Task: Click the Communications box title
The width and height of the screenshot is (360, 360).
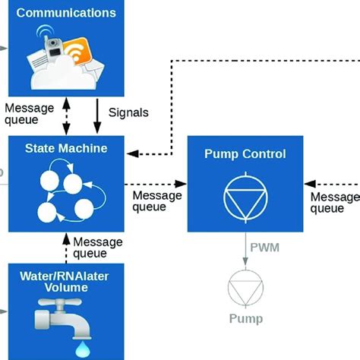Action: tap(66, 13)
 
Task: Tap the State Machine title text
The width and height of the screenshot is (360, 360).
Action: tap(66, 148)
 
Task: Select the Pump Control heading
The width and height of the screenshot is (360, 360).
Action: tap(245, 154)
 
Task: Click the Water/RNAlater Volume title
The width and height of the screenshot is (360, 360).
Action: tap(65, 282)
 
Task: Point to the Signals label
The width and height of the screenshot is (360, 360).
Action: tap(128, 112)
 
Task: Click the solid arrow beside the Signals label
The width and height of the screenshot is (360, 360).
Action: tap(97, 116)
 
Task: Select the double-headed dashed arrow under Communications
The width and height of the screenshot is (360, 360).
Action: tap(66, 116)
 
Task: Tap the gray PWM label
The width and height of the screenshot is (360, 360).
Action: tap(265, 248)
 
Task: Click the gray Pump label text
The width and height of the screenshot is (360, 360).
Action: tap(246, 319)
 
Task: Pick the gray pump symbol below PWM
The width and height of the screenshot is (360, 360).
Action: tap(245, 289)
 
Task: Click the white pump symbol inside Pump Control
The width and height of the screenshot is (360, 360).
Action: tap(245, 197)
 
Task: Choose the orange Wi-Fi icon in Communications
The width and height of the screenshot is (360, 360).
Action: tap(77, 51)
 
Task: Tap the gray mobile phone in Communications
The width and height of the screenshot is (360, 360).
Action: tap(53, 48)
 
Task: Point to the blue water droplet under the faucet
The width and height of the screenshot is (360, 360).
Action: tap(83, 349)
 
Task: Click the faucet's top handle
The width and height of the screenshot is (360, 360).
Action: tap(60, 302)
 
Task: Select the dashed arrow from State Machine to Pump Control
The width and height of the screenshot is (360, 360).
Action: tap(156, 184)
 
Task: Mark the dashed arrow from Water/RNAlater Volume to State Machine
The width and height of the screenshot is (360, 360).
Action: tap(66, 248)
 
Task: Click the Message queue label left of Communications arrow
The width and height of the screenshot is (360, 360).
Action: tap(29, 114)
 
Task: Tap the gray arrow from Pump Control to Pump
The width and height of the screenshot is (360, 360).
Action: tap(245, 249)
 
